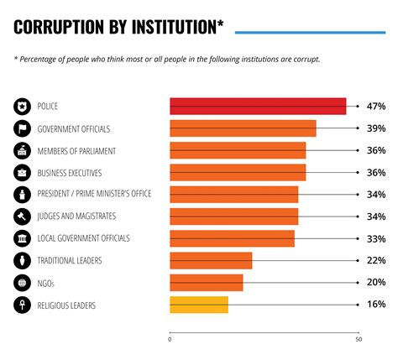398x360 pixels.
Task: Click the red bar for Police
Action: tap(258, 107)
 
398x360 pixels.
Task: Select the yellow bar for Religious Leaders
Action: tap(199, 305)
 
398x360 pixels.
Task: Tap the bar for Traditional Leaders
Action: tap(211, 261)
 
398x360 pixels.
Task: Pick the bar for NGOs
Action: tap(207, 283)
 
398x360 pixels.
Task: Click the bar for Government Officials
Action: tap(243, 128)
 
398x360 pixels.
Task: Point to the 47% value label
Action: tap(375, 107)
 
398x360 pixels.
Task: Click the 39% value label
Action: tap(375, 128)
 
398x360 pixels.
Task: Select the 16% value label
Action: tap(375, 305)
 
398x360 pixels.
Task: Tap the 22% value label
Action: tap(375, 261)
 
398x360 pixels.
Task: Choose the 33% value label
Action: tap(375, 238)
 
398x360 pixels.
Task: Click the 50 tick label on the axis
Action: tap(359, 339)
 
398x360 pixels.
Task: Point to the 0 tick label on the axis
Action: tap(170, 339)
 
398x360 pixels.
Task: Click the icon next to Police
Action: tap(22, 107)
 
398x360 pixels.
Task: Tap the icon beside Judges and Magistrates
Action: tap(22, 217)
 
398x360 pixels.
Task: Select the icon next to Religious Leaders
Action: tap(22, 305)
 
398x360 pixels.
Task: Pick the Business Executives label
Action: tap(71, 173)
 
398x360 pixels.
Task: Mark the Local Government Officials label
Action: tap(83, 238)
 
